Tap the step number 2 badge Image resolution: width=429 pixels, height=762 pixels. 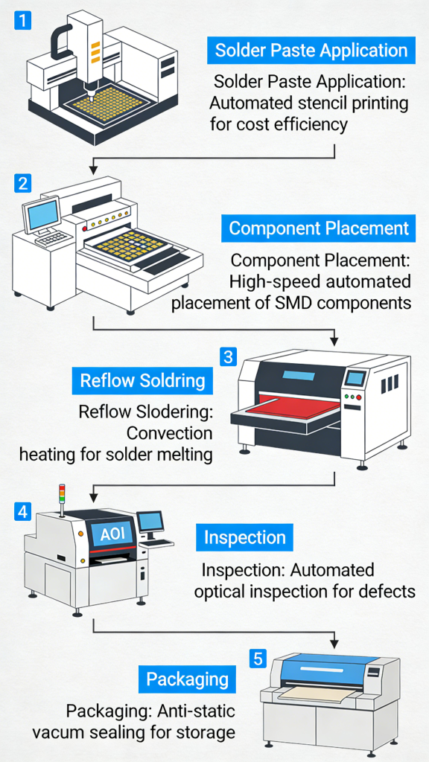pos(23,183)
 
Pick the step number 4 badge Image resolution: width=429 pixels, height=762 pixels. pos(23,511)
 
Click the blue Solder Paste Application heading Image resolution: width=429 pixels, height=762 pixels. pos(311,51)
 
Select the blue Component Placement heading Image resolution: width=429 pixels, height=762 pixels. pos(319,228)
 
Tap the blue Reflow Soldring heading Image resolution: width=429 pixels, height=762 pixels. pos(142,381)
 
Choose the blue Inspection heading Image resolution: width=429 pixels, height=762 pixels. pos(245,537)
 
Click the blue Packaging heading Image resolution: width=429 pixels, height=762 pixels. pos(187,679)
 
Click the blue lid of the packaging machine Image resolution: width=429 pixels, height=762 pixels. pos(331,667)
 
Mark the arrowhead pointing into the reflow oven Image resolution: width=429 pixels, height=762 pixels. pos(337,340)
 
